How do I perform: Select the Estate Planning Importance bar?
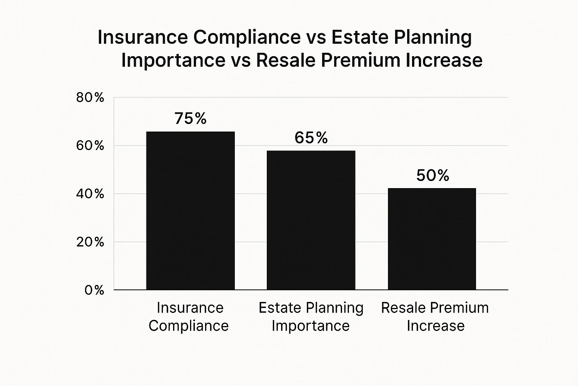point(311,220)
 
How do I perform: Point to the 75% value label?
point(190,118)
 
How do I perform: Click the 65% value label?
point(311,138)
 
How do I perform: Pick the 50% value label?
point(433,175)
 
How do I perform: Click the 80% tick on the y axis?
point(90,98)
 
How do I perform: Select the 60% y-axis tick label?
point(90,146)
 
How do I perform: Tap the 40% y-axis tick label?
point(90,194)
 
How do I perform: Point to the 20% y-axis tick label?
point(90,242)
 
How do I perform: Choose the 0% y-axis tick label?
point(94,290)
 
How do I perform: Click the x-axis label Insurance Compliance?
point(189,317)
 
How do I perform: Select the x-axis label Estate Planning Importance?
point(311,317)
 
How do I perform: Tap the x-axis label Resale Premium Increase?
point(435,317)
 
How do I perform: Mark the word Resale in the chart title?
point(286,60)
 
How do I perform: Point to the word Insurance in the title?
point(143,37)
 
